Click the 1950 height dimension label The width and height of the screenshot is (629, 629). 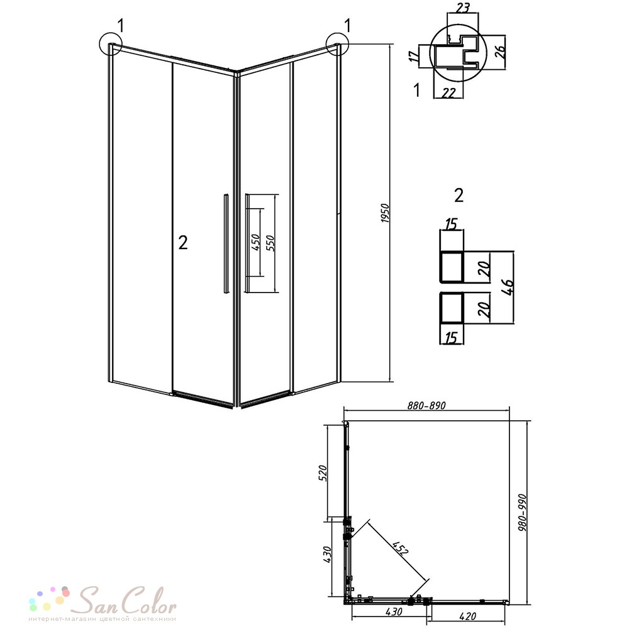tap(385, 213)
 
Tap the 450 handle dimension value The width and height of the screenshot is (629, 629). tap(256, 242)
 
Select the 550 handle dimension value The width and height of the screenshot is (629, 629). tap(270, 243)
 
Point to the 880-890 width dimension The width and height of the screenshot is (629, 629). tap(426, 406)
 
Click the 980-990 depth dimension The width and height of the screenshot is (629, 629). tap(522, 513)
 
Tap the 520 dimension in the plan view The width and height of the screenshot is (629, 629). tap(324, 473)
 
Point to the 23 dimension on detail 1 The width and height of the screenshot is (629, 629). tap(462, 8)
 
